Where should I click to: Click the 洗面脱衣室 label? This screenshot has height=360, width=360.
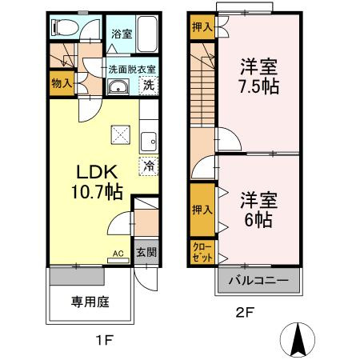tap(132, 69)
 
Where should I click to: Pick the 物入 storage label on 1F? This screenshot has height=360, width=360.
tap(61, 82)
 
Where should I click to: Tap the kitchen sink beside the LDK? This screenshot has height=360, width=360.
tap(150, 142)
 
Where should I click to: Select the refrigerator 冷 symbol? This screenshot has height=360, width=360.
tap(149, 166)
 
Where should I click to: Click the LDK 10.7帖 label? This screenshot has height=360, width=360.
tap(97, 182)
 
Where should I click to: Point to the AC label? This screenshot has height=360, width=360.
tap(117, 254)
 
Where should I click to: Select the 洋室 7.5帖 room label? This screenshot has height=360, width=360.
tap(258, 76)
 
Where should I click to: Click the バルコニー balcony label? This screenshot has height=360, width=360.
tap(259, 281)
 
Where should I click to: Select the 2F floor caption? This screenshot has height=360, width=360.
tap(246, 313)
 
